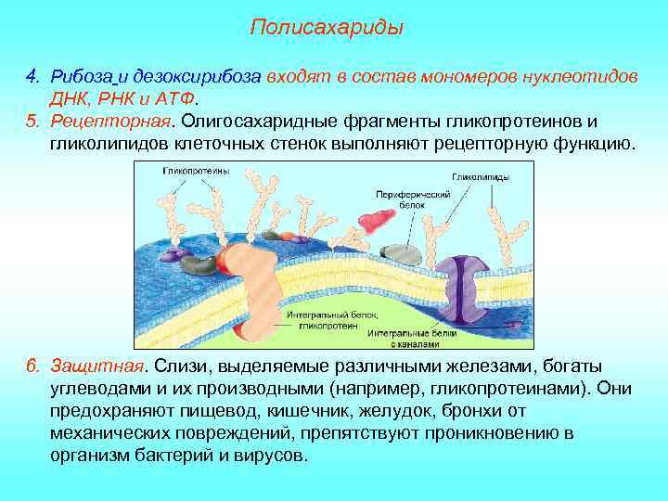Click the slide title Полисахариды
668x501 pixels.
click(328, 28)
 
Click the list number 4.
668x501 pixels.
click(31, 75)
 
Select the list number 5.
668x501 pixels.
click(31, 122)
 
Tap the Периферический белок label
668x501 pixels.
click(414, 200)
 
